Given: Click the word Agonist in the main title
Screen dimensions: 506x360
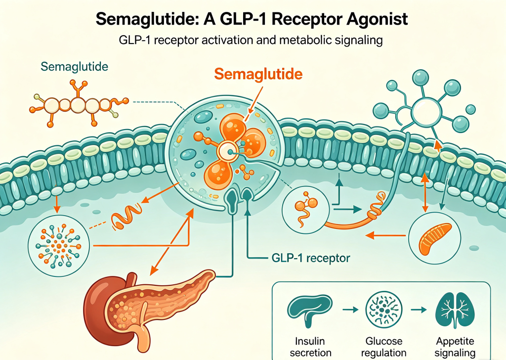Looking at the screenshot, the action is point(377,19).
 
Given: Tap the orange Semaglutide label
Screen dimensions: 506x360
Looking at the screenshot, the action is point(258,74).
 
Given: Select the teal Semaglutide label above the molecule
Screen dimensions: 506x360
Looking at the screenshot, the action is point(74,67).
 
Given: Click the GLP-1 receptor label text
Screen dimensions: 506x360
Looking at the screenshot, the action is point(310,258).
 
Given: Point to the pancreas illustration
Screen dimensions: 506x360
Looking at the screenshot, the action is point(145,307).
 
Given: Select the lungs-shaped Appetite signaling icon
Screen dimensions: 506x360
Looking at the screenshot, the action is point(455,310).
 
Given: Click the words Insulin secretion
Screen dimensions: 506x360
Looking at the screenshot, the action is point(310,347).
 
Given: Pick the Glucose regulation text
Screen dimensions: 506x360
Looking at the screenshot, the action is point(383,347).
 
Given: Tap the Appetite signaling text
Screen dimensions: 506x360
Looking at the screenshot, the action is point(455,347).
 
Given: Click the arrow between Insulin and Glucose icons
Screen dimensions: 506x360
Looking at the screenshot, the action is point(350,310).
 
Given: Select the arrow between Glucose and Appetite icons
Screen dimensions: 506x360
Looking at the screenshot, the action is point(419,310).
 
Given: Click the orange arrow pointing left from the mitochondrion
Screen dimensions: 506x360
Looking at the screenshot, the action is point(385,235).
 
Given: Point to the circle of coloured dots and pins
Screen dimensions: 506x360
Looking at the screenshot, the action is point(58,245).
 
